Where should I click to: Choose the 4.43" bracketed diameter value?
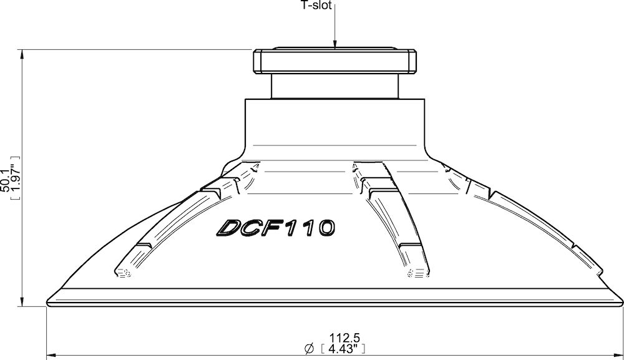pos(343,348)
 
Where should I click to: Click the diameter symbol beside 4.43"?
pos(308,349)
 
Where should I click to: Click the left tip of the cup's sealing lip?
pos(47,304)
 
